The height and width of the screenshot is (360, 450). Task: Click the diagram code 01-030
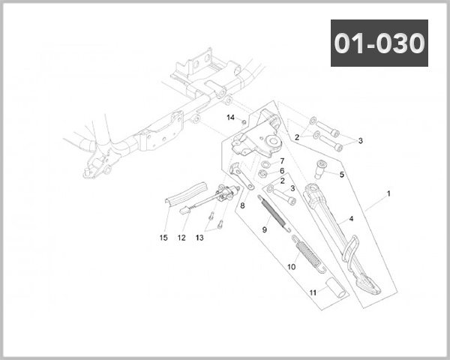[x=379, y=43]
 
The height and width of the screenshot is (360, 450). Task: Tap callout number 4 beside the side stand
[x=350, y=220]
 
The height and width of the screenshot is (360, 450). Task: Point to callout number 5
[x=341, y=175]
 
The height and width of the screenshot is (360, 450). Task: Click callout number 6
[x=282, y=171]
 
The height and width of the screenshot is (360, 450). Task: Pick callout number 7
[x=282, y=160]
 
